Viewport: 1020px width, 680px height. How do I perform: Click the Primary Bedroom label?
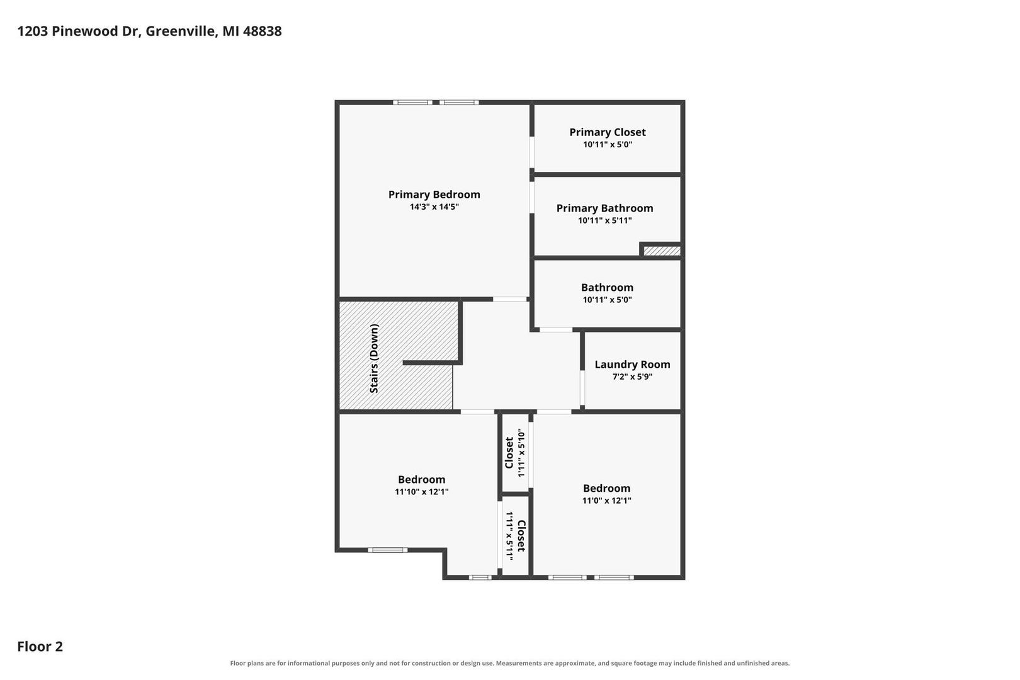[x=434, y=195]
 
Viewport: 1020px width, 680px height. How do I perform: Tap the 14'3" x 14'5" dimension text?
[x=434, y=207]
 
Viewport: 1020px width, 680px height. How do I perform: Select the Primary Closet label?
[x=608, y=132]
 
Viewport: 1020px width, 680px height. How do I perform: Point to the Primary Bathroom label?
[x=604, y=208]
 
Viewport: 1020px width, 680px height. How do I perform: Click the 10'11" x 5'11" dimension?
[x=604, y=220]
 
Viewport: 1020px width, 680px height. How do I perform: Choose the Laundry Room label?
[x=632, y=365]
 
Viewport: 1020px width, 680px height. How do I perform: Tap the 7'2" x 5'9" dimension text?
[x=632, y=377]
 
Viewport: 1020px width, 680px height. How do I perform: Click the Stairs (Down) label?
[x=374, y=358]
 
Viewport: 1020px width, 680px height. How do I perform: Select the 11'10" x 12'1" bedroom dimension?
[x=422, y=492]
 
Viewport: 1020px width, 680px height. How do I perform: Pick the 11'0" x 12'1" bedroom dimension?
[x=606, y=501]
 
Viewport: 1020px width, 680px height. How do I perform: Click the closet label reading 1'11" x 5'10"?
[x=521, y=453]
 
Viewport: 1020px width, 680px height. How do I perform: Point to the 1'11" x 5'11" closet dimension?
[x=509, y=536]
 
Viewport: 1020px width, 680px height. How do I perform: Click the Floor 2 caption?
[x=40, y=646]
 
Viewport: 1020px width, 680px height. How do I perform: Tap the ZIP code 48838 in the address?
[x=263, y=31]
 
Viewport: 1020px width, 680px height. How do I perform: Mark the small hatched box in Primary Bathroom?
[x=662, y=251]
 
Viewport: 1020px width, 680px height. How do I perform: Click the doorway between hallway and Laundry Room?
[x=582, y=388]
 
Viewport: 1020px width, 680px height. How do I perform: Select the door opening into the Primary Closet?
[x=532, y=152]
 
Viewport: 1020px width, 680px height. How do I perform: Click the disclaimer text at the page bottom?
[x=509, y=663]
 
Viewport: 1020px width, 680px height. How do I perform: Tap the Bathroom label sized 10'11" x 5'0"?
[x=607, y=287]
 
